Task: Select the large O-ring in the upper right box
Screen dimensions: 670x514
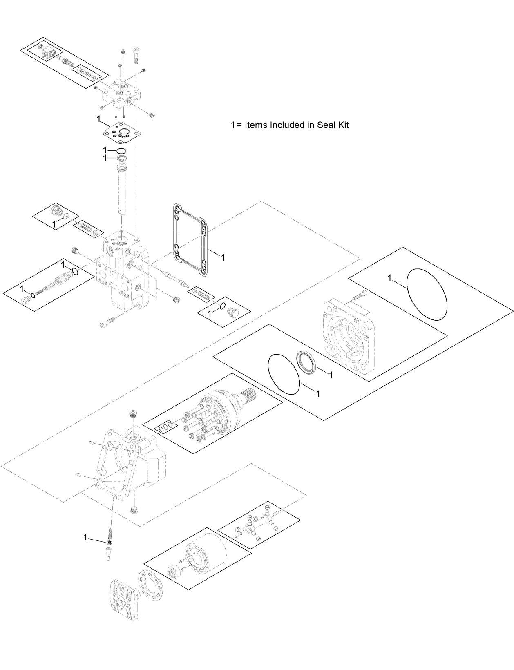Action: coord(427,294)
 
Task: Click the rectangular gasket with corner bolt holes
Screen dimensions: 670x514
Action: coord(189,239)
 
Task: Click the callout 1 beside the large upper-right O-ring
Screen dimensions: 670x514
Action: coord(390,278)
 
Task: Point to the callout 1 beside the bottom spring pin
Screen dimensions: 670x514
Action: coord(85,538)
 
